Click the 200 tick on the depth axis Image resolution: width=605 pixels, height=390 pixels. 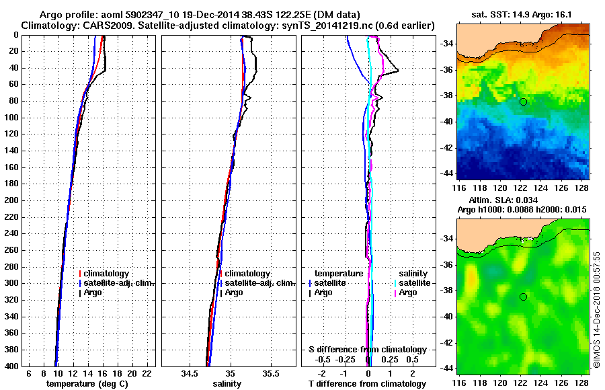[x=11, y=200]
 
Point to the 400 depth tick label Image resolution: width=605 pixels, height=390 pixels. [x=11, y=366]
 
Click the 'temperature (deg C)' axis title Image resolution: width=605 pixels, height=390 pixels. [x=87, y=383]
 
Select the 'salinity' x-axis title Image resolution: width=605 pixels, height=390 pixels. [x=227, y=383]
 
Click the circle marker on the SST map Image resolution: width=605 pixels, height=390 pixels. [x=523, y=102]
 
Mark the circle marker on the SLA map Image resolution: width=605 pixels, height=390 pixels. [x=523, y=297]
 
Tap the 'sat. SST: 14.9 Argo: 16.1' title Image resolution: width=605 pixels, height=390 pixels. [x=522, y=15]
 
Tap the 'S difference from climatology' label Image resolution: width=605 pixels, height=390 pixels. [x=367, y=350]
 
